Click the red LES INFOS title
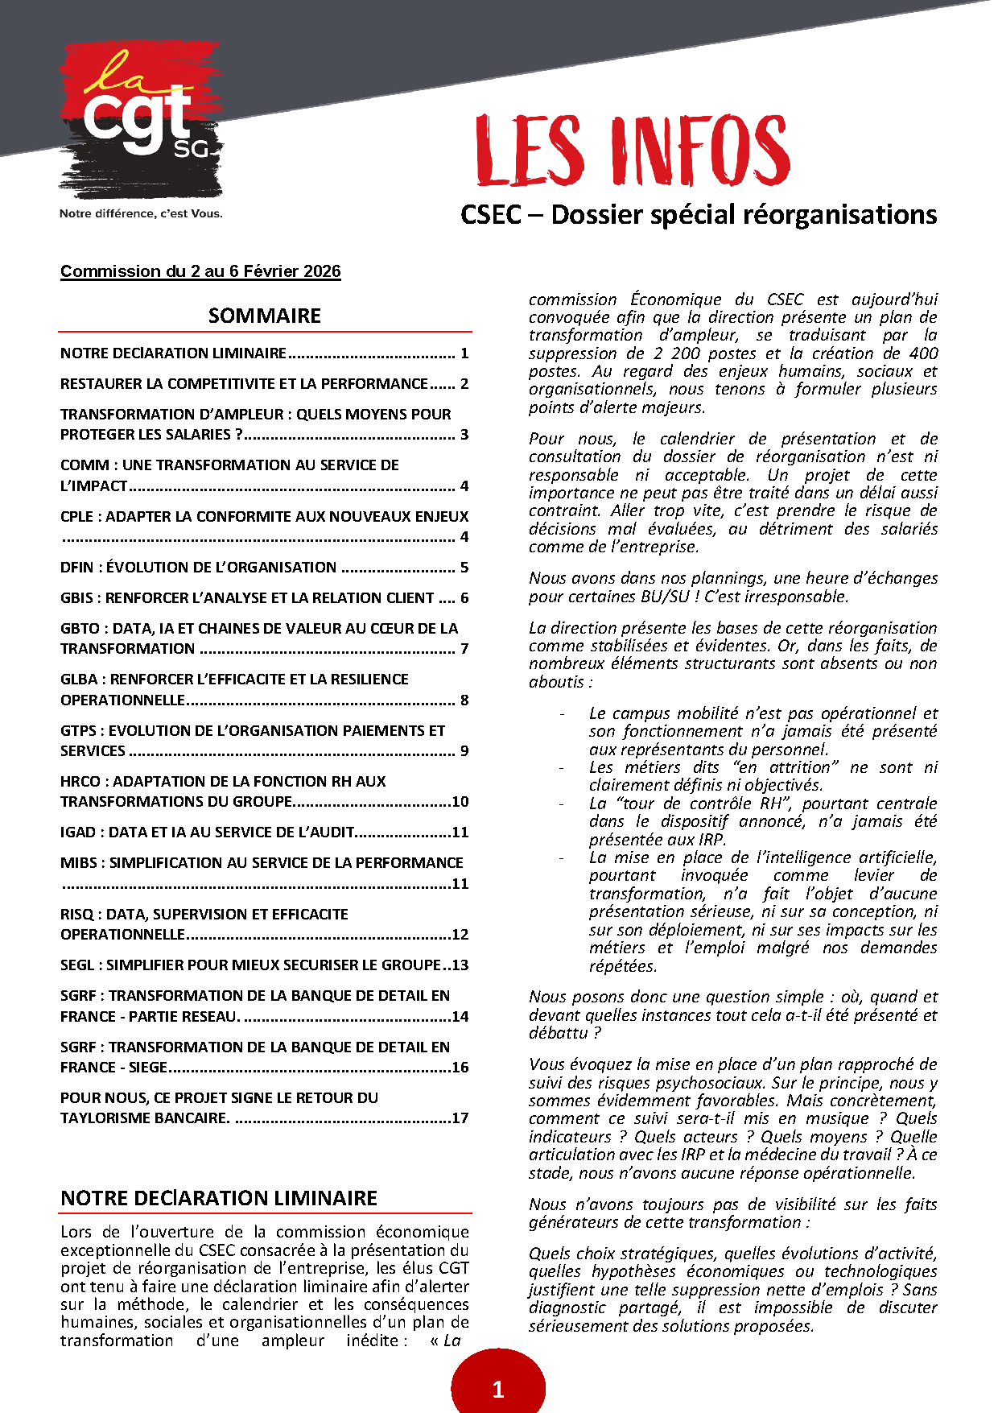coord(633,151)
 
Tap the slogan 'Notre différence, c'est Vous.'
coord(141,213)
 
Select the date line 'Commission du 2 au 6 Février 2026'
coord(200,271)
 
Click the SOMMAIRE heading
coord(264,316)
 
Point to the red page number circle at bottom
coord(498,1386)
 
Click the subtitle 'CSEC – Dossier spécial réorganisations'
coord(699,215)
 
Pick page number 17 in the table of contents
coord(460,1118)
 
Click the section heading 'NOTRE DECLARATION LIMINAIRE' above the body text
coord(219,1198)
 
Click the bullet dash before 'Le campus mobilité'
coord(562,714)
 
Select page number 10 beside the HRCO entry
coord(460,802)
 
